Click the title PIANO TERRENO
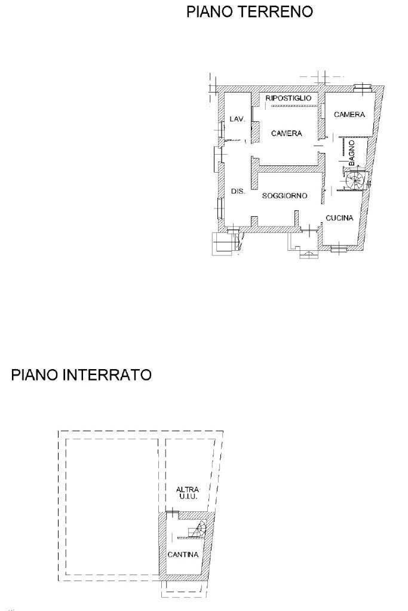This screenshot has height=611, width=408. (x=250, y=12)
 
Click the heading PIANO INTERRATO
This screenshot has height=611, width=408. (x=81, y=375)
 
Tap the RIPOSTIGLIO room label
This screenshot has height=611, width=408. (x=289, y=98)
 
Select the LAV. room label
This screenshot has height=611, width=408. (x=237, y=119)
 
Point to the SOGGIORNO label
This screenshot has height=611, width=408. (x=284, y=196)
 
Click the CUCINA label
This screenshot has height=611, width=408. (x=339, y=218)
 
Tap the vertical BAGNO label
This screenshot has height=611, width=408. (x=352, y=152)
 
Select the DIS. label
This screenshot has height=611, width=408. (x=238, y=192)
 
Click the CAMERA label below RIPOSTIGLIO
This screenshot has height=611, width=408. (x=287, y=134)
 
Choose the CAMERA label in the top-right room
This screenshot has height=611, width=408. (x=349, y=115)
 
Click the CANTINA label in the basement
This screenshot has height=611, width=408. (x=183, y=555)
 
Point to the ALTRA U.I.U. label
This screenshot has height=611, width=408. (x=187, y=493)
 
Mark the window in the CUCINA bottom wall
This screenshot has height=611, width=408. (x=339, y=248)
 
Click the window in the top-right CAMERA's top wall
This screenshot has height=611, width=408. (x=361, y=89)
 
